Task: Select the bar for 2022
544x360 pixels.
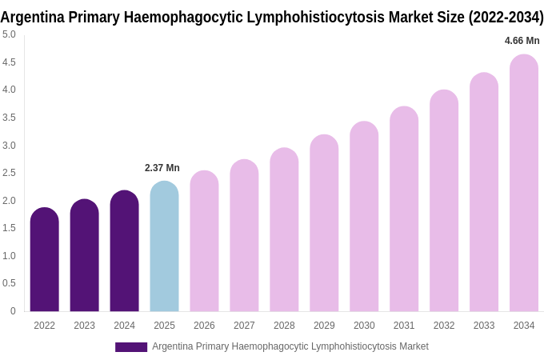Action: (x=44, y=260)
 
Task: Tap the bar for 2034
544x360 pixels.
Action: (x=524, y=183)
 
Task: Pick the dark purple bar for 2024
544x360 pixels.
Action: (x=124, y=251)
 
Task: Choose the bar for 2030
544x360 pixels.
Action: (x=364, y=217)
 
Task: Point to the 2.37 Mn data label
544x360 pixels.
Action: (x=162, y=168)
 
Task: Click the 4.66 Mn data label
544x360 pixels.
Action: (x=522, y=41)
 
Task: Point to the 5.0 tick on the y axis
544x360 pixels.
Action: (x=9, y=34)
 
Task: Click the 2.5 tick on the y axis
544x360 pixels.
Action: (x=9, y=173)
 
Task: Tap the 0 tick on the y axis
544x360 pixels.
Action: (x=13, y=311)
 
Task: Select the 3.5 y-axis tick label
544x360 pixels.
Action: (x=9, y=118)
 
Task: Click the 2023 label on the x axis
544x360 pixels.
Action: (x=84, y=326)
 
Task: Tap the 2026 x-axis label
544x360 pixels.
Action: (x=204, y=326)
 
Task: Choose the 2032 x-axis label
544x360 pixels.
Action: (x=444, y=326)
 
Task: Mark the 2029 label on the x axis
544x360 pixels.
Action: (x=324, y=326)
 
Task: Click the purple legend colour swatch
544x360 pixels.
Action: (x=131, y=347)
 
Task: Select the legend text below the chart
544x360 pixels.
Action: (x=290, y=346)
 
